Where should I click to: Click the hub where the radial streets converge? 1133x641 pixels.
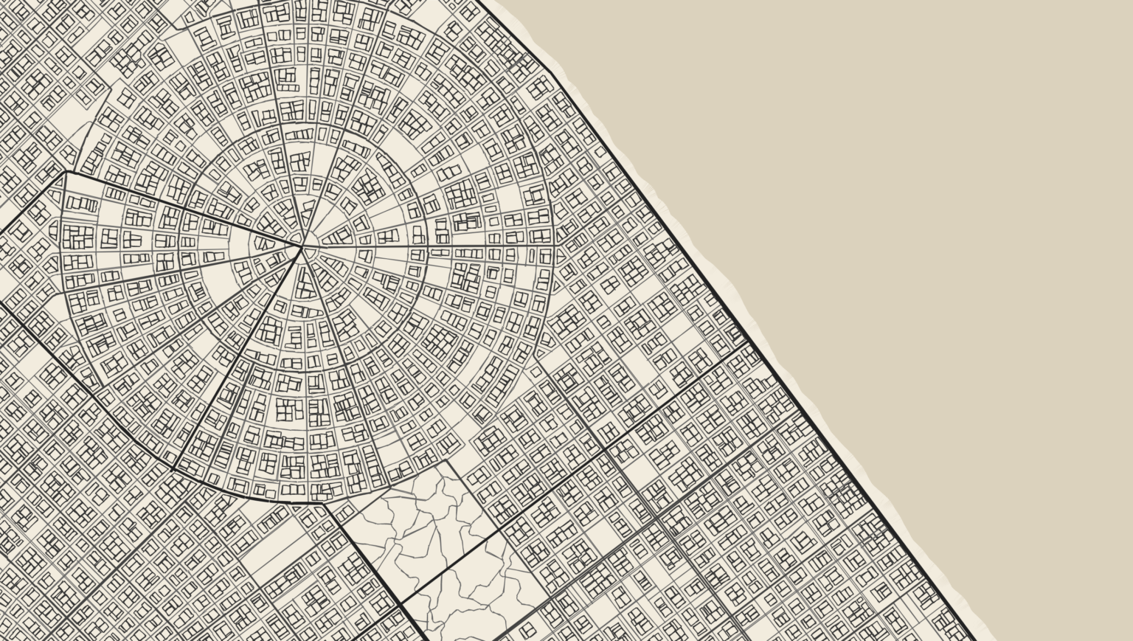[302, 246]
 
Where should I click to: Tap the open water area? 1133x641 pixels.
[922, 221]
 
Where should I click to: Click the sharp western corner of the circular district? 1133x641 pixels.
[66, 172]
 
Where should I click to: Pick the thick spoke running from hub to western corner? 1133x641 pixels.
[184, 209]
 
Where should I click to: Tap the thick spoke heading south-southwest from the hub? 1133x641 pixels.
[236, 361]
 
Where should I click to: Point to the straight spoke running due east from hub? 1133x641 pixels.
[428, 246]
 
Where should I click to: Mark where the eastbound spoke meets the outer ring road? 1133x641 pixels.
[553, 246]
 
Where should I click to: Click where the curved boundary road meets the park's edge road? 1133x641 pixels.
[325, 505]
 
